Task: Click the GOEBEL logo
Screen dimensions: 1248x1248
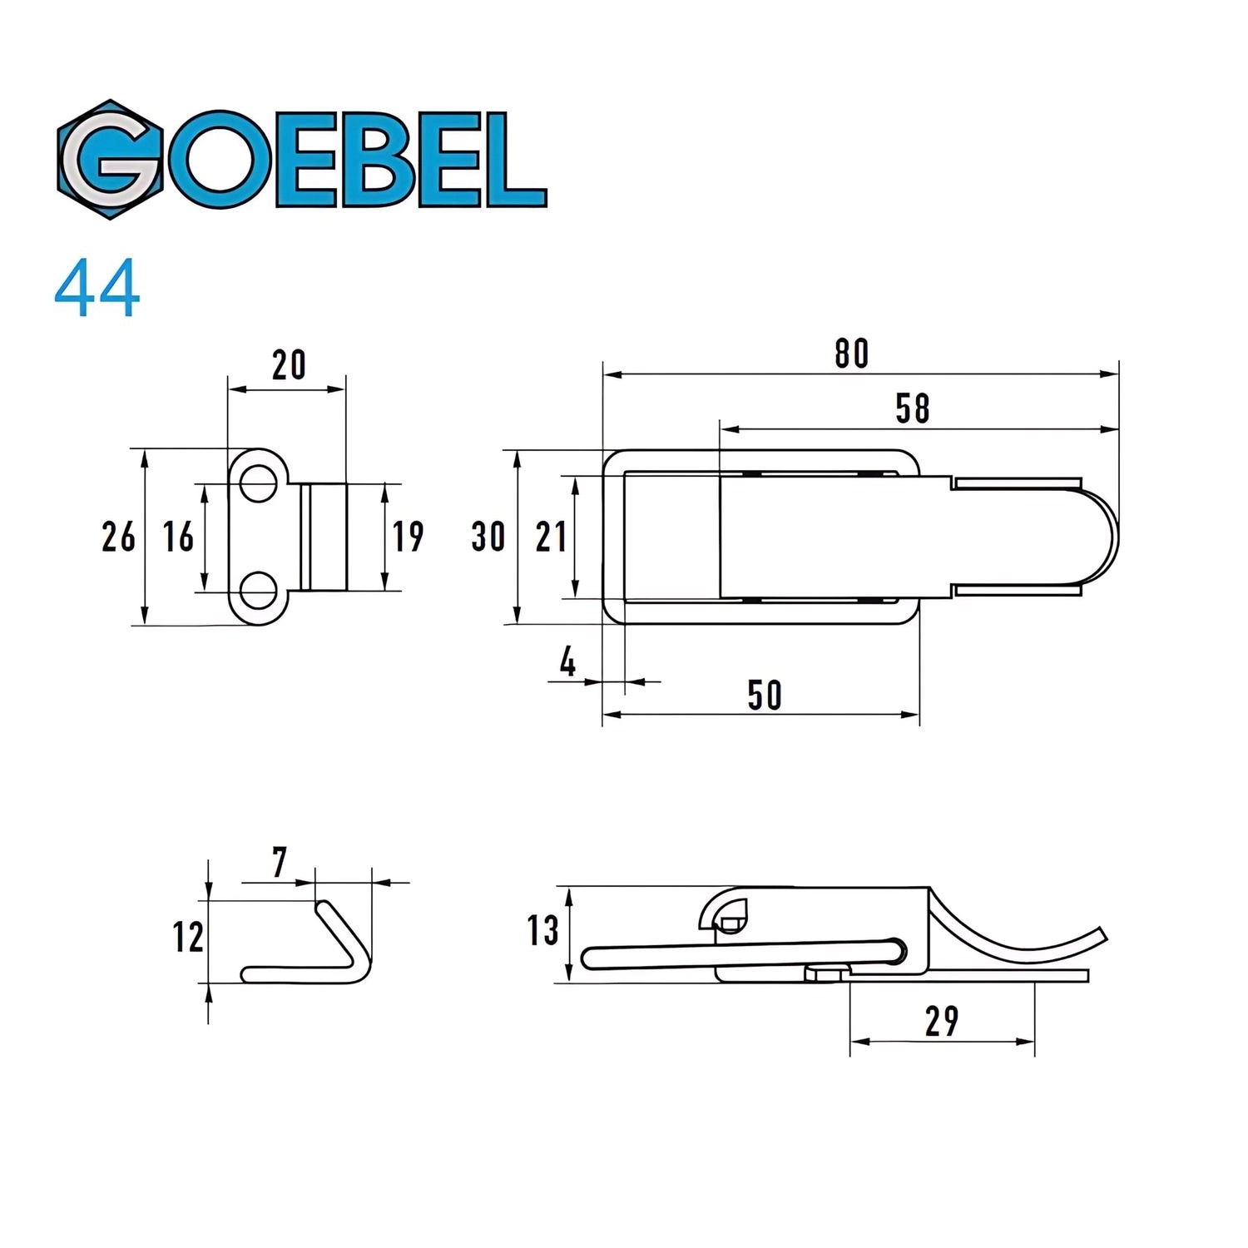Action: coord(301,160)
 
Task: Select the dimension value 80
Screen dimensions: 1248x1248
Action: coord(851,354)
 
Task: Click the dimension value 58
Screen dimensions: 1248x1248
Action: coord(912,409)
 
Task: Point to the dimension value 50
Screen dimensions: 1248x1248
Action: coord(764,696)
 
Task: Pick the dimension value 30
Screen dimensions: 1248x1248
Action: coord(488,537)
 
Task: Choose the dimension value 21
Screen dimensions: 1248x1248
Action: coord(551,537)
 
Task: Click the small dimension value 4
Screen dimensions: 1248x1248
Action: coord(567,663)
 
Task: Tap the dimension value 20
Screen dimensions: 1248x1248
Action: coord(289,365)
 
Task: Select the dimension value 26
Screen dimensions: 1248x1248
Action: coord(118,537)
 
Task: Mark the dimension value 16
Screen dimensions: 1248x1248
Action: coord(178,537)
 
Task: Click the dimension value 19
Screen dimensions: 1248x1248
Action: coord(408,537)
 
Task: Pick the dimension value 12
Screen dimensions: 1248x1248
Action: coord(188,938)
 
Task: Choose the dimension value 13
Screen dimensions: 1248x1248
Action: coord(542,931)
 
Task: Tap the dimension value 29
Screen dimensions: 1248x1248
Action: coord(941,1022)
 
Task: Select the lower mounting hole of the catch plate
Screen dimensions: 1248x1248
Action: coord(259,589)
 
